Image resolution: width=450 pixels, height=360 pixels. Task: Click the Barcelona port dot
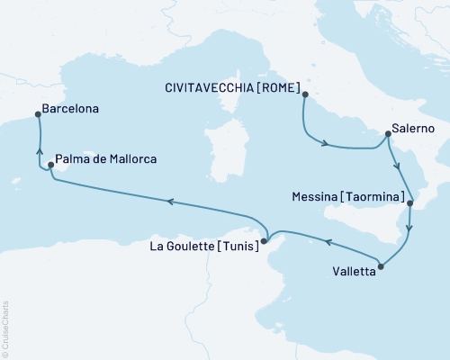(37, 114)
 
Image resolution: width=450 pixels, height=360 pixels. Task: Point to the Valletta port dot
(382, 265)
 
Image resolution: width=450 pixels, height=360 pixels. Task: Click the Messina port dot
(409, 203)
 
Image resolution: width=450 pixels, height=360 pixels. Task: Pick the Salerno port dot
(387, 135)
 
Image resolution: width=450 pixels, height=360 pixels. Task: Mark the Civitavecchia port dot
(305, 94)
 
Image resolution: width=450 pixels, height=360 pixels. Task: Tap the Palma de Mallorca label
(106, 159)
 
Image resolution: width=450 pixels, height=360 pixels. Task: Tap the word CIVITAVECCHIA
(210, 87)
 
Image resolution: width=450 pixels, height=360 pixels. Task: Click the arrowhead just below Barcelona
(39, 149)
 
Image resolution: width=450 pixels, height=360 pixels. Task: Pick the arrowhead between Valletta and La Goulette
(328, 242)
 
